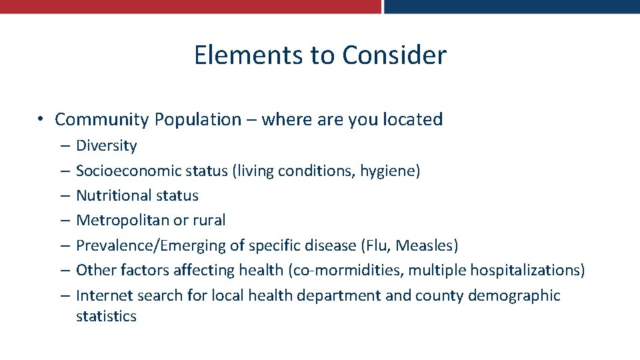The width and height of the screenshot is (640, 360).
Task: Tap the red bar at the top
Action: tap(190, 6)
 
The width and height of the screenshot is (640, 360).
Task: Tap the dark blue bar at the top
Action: tap(511, 6)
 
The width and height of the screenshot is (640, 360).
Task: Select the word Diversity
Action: tap(106, 146)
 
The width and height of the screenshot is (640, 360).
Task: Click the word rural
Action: tap(209, 221)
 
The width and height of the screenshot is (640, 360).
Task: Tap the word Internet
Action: tap(103, 295)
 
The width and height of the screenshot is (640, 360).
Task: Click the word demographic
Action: tap(514, 296)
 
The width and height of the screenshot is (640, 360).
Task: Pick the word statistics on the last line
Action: tap(106, 316)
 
